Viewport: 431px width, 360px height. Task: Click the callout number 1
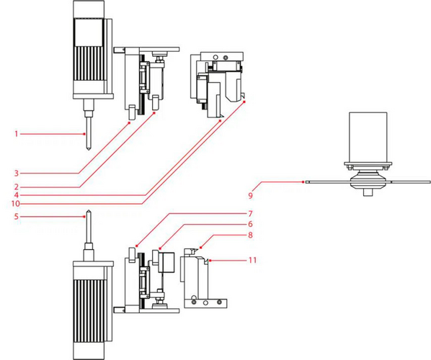(17, 134)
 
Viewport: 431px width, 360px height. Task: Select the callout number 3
(17, 174)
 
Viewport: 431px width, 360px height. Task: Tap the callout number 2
(17, 187)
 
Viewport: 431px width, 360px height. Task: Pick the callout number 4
(17, 195)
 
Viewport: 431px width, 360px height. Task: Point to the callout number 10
(15, 204)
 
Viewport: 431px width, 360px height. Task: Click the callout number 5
(17, 217)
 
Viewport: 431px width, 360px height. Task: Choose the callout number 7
(250, 213)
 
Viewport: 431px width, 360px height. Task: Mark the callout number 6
(250, 224)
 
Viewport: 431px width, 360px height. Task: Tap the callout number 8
(250, 235)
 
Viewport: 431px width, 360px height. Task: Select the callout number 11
(252, 260)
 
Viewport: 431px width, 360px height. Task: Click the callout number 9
(250, 196)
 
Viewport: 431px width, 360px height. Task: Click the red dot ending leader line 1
(85, 134)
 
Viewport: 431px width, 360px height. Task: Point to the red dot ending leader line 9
(303, 181)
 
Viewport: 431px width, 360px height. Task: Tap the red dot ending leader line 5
(85, 217)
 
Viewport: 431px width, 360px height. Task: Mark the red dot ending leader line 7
(136, 246)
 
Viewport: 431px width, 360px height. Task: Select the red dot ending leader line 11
(210, 260)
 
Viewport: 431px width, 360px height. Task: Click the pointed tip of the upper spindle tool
(89, 150)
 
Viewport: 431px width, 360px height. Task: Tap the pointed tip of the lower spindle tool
(89, 211)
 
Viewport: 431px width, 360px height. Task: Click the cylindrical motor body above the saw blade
(368, 137)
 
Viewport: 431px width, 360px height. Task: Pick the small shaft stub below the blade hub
(368, 192)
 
